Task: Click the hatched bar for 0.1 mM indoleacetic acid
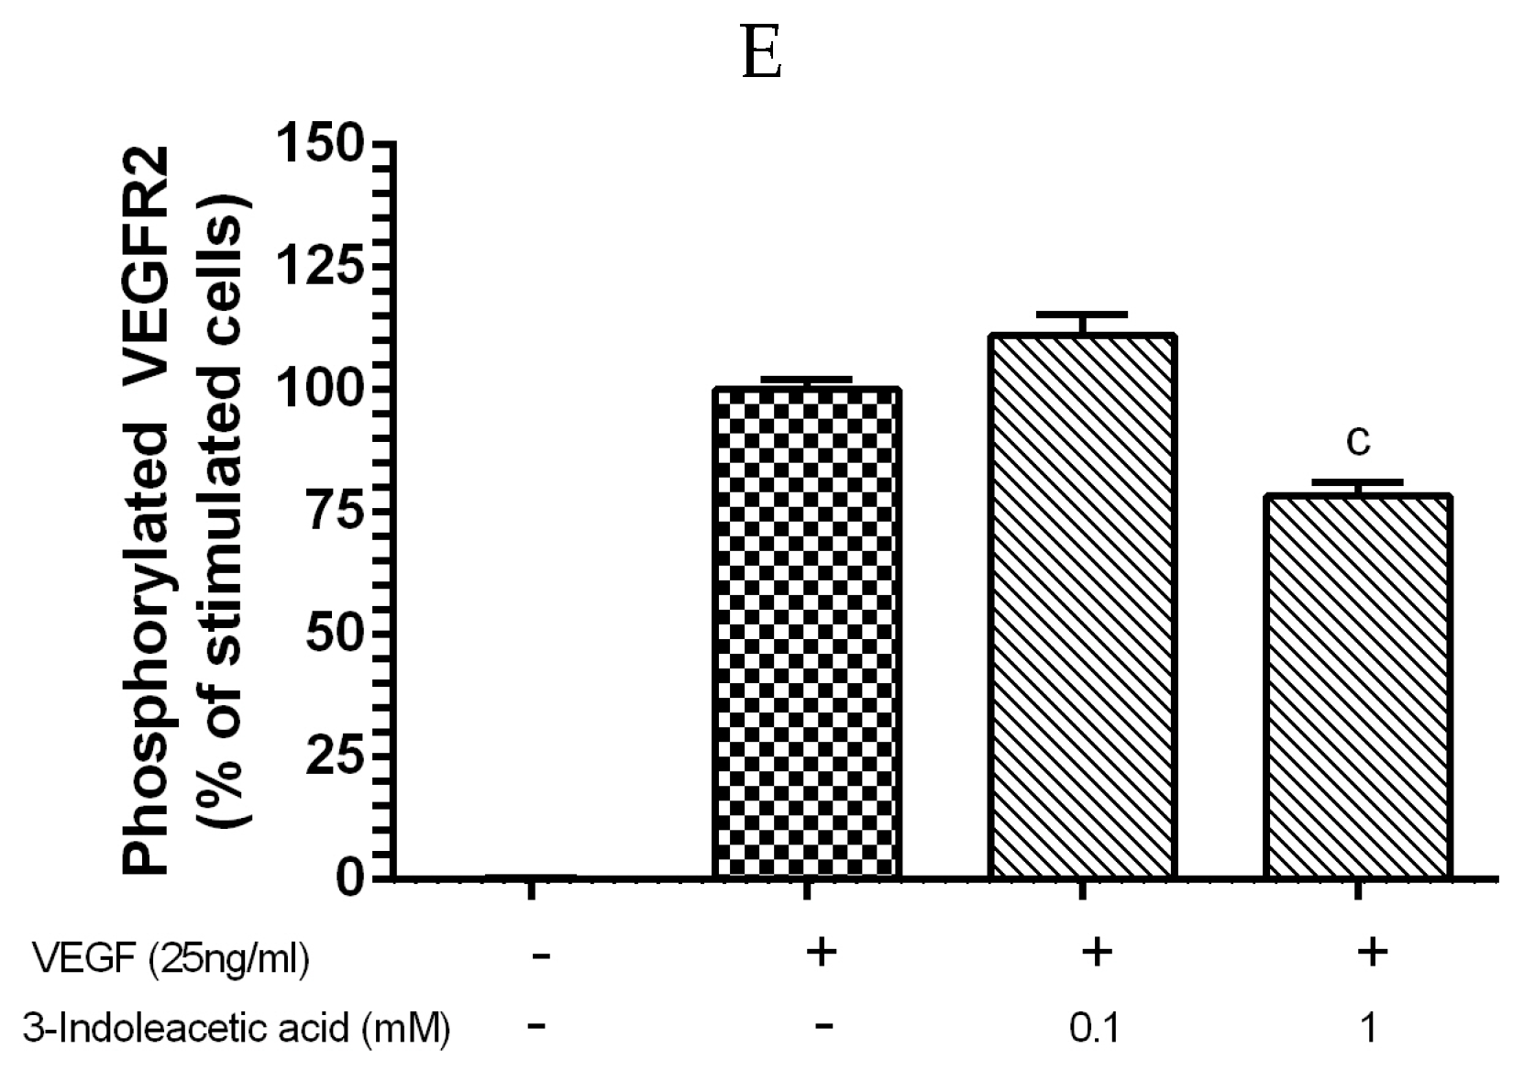(x=1082, y=605)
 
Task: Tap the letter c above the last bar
(x=1358, y=442)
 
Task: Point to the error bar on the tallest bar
(x=1082, y=323)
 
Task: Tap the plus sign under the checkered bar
(x=822, y=953)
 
